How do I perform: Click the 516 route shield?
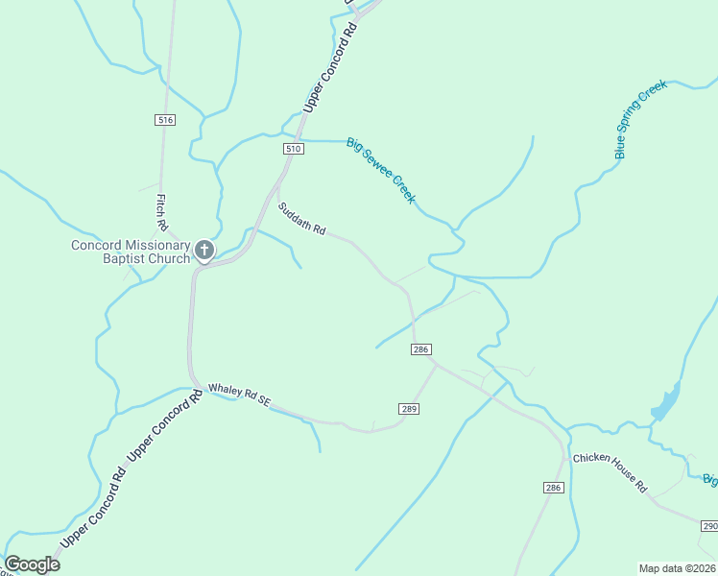coord(165,119)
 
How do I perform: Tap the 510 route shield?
coord(294,149)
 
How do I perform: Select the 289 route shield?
coord(408,409)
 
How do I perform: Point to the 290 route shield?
coord(708,526)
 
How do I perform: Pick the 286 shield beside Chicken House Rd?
coord(552,488)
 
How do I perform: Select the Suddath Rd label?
coord(302,220)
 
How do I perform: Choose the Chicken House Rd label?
coord(610,472)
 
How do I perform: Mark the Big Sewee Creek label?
coord(381,171)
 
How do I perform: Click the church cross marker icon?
coord(204,251)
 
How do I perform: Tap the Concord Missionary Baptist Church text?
coord(131,252)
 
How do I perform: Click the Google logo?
coord(32,564)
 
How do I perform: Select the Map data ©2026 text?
coord(677,568)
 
